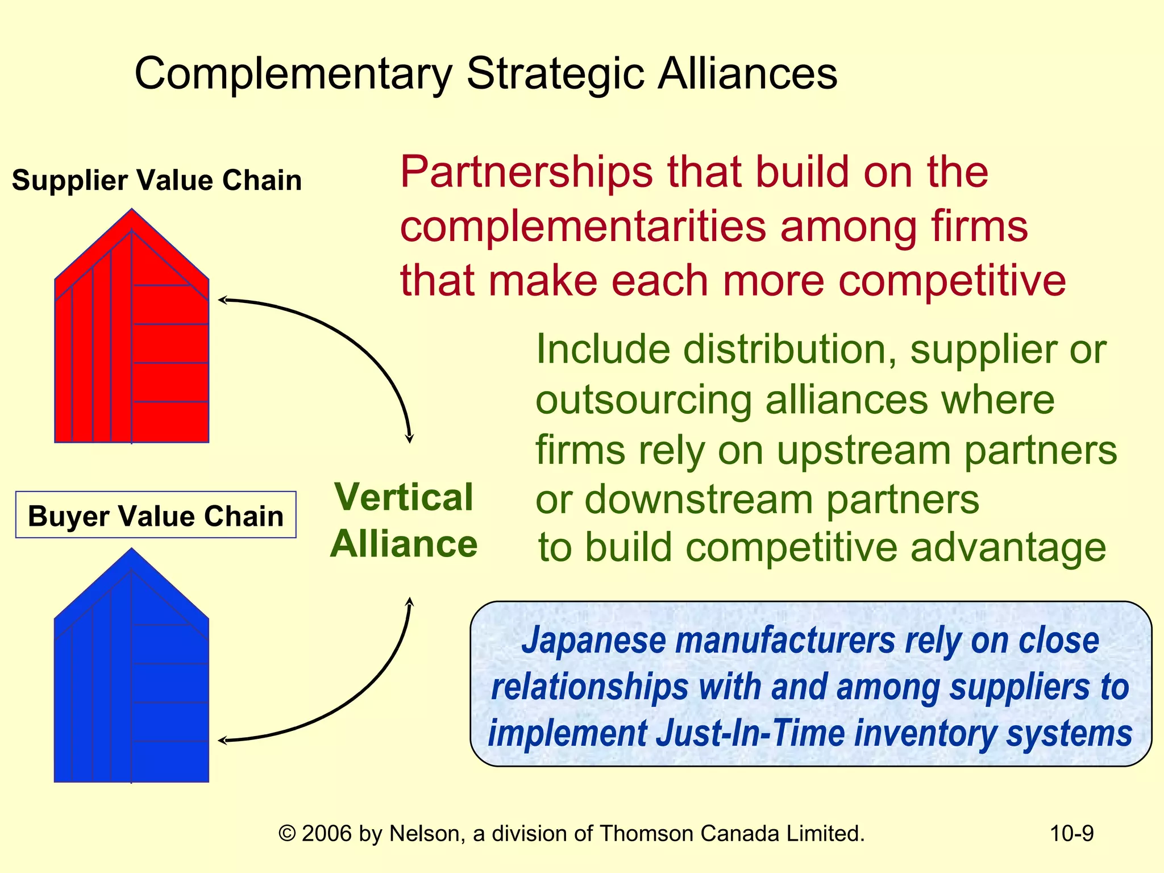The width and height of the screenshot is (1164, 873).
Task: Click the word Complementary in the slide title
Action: pyautogui.click(x=293, y=74)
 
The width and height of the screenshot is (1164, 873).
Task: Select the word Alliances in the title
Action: pyautogui.click(x=747, y=73)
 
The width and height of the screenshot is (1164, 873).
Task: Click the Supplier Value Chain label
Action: pyautogui.click(x=156, y=180)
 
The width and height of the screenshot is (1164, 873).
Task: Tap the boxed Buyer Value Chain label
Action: pyautogui.click(x=156, y=516)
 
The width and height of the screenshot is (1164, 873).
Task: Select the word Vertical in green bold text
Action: pyautogui.click(x=404, y=497)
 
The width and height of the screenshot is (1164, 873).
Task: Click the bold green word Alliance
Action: pyautogui.click(x=404, y=544)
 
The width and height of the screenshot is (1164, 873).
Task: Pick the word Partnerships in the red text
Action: pyautogui.click(x=526, y=172)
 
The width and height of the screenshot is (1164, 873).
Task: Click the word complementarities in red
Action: pyautogui.click(x=583, y=226)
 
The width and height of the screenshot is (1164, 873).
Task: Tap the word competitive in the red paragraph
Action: pyautogui.click(x=952, y=281)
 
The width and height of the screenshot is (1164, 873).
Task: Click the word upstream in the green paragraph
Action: pyautogui.click(x=863, y=451)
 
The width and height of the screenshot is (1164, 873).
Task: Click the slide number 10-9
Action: pyautogui.click(x=1071, y=833)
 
